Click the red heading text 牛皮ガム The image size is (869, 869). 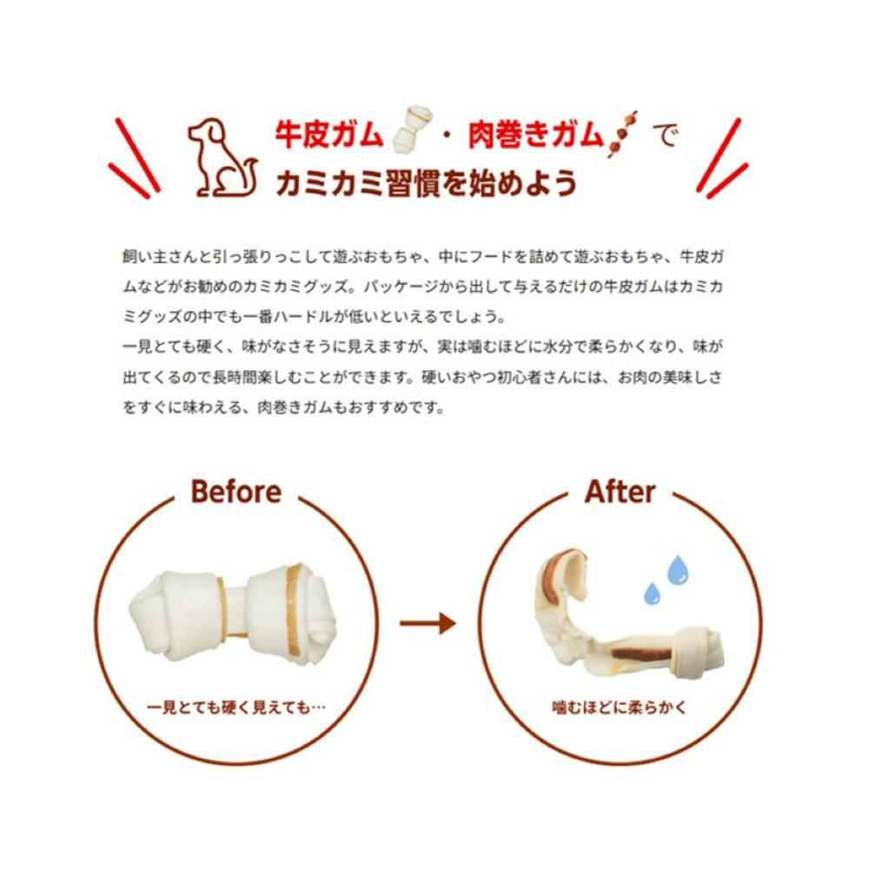(x=328, y=135)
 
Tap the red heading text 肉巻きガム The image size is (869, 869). (x=535, y=135)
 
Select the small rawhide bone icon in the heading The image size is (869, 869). (x=412, y=129)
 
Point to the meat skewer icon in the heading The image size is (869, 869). (x=622, y=134)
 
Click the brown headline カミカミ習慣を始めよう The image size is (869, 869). (x=426, y=183)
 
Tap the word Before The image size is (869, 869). (x=236, y=492)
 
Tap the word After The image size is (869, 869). (x=620, y=492)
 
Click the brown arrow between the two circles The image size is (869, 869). (x=428, y=623)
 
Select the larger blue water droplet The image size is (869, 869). (x=677, y=571)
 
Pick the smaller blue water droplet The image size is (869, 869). (x=652, y=594)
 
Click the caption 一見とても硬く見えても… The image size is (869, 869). (x=236, y=707)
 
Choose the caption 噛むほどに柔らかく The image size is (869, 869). (x=620, y=707)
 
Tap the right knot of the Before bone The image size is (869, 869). (x=291, y=614)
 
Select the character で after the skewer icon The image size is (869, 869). (x=665, y=136)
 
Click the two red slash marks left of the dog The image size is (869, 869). (x=134, y=158)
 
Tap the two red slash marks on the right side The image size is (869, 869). (x=722, y=158)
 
